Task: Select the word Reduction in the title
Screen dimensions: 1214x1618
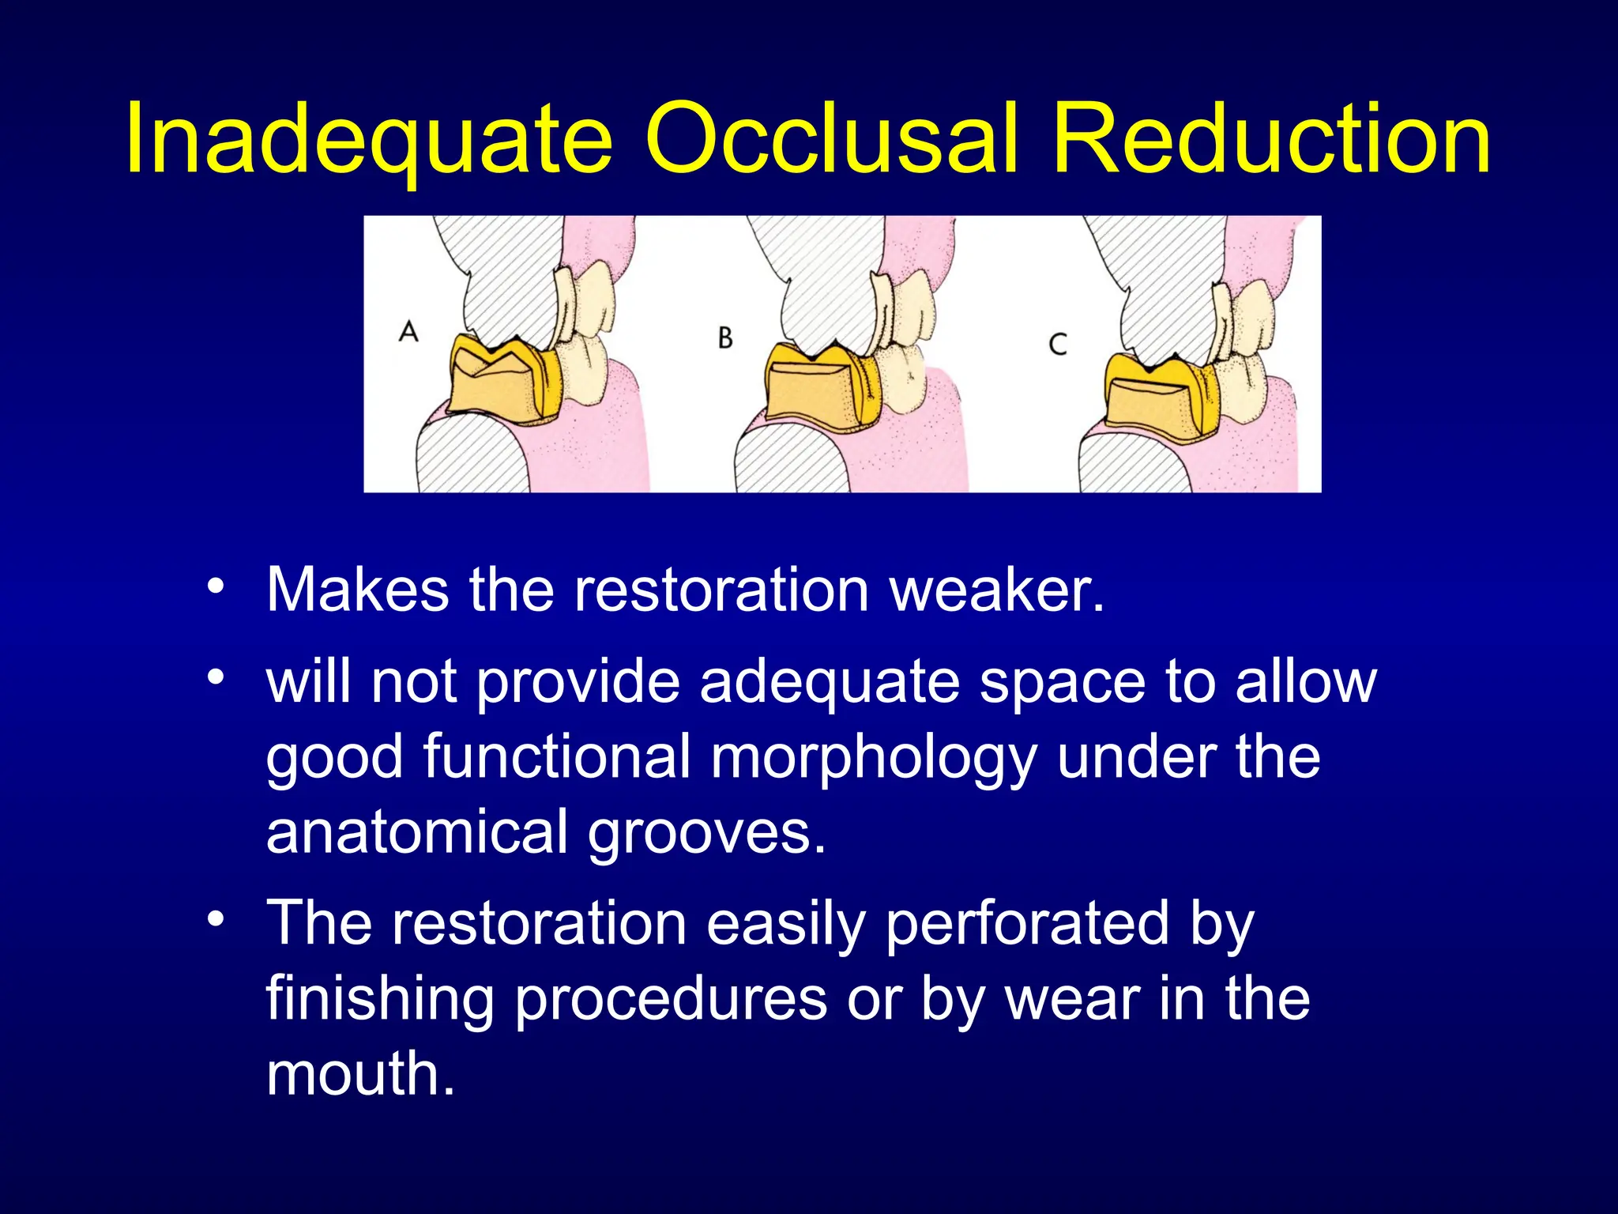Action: click(1271, 139)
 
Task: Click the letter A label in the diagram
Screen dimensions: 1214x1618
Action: click(408, 331)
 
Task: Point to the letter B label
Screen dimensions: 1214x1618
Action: click(725, 338)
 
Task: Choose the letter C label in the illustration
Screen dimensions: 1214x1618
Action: click(1058, 345)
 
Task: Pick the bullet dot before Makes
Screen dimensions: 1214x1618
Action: click(216, 587)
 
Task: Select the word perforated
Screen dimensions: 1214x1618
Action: click(1027, 923)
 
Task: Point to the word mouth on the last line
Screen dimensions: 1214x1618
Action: click(360, 1075)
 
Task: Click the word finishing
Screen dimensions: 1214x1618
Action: click(380, 999)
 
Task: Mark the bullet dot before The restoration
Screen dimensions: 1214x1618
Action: click(216, 920)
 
